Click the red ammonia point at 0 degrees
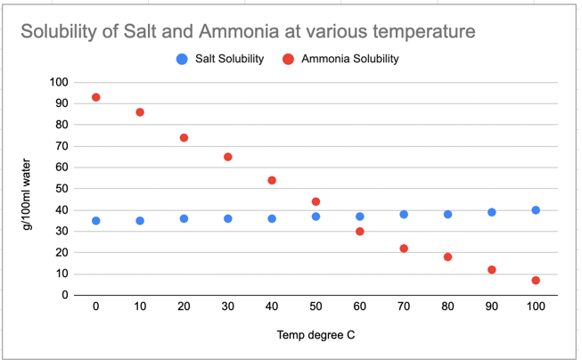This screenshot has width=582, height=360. coord(95,97)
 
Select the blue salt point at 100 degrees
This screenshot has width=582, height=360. coord(536,210)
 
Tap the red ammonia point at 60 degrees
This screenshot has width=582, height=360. coord(360,232)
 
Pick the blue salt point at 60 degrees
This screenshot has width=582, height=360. coord(360,217)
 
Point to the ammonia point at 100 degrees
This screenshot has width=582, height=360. coord(536,281)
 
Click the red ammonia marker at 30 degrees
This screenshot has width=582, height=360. coord(228,157)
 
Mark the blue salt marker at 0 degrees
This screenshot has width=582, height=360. coord(95,221)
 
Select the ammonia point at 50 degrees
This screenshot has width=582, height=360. coord(316,201)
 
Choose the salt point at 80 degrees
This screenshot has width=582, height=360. coord(447,215)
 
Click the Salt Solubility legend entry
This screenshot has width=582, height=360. coord(220,59)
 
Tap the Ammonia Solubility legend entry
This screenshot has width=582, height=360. coord(340,59)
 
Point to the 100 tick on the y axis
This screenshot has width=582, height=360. coord(59,82)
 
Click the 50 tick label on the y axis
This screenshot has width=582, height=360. coord(61,189)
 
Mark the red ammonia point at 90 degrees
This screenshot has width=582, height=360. coord(491,270)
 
